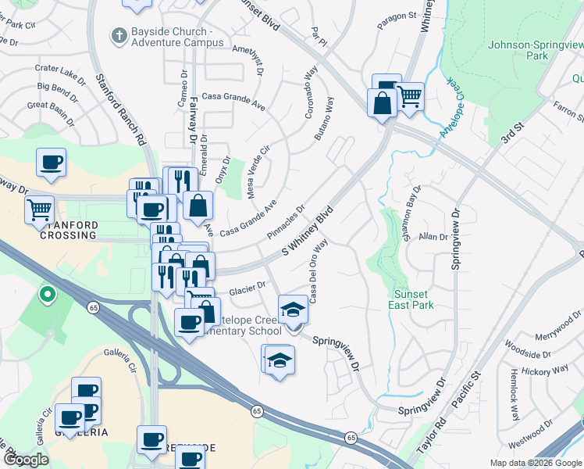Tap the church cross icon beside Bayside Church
[118, 34]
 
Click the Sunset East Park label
[411, 299]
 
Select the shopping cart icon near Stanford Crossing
[39, 209]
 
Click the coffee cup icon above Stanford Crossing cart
[51, 162]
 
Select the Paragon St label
[397, 16]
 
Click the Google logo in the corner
[26, 460]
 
